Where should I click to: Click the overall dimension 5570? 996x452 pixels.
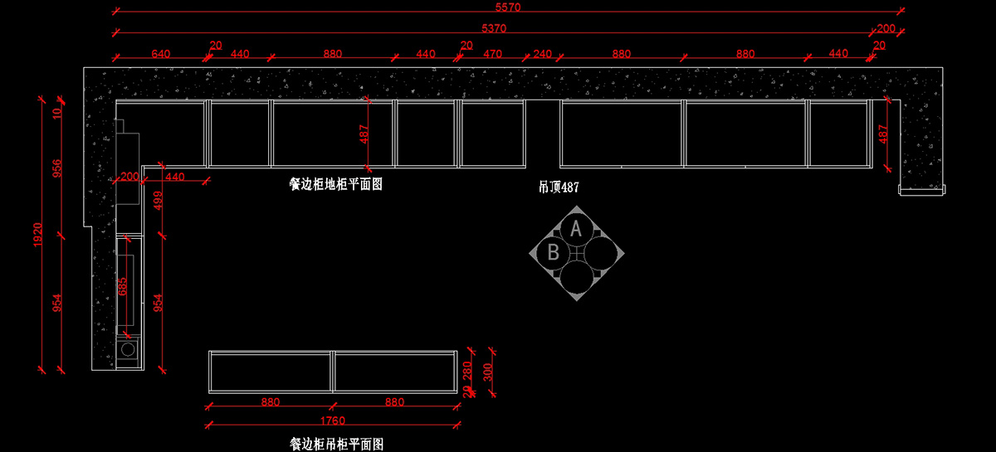(x=506, y=7)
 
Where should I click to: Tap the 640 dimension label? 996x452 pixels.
(x=161, y=54)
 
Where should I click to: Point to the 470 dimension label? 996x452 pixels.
(x=492, y=54)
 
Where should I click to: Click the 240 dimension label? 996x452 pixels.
(x=542, y=54)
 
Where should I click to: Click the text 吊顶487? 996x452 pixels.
(x=559, y=187)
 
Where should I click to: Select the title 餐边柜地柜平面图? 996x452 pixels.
(x=335, y=184)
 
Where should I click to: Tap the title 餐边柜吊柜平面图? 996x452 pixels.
(x=336, y=445)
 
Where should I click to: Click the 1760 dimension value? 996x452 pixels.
(x=332, y=420)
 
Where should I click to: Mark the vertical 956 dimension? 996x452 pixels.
(x=57, y=168)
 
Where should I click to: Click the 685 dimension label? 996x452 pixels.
(x=124, y=286)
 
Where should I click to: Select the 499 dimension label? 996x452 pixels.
(x=159, y=202)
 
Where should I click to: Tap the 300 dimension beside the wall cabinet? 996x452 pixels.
(x=488, y=372)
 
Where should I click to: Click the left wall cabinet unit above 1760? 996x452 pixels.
(x=271, y=371)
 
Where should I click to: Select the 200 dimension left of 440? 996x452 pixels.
(x=129, y=177)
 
